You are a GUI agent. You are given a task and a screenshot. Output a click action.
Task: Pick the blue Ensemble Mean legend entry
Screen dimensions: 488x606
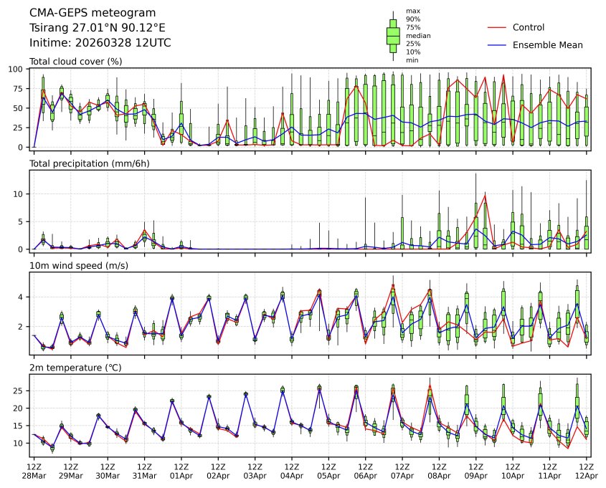547,44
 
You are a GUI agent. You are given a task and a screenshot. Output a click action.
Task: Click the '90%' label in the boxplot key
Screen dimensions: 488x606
414,19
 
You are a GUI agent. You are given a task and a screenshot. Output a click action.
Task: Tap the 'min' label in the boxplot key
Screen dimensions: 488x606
412,60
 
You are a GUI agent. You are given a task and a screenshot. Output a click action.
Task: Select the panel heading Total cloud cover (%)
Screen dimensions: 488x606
75,62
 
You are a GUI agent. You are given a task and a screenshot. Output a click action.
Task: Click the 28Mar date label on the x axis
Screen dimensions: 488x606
34,476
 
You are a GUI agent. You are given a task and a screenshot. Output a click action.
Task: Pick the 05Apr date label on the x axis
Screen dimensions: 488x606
328,476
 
